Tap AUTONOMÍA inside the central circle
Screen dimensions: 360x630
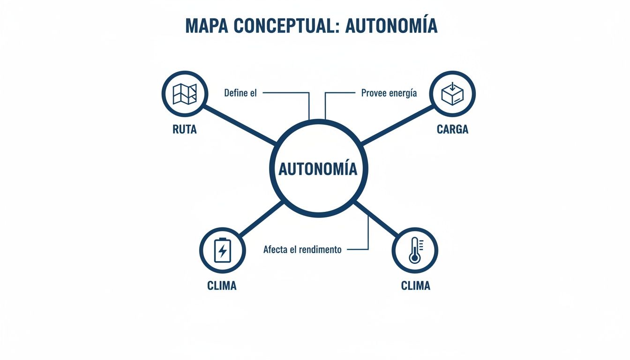(318, 169)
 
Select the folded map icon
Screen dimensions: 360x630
(185, 94)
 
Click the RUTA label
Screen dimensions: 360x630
(185, 129)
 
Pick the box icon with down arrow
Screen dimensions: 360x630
(452, 94)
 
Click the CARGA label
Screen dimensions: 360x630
(452, 129)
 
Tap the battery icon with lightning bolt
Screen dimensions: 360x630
(222, 250)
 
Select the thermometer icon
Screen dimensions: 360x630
(414, 250)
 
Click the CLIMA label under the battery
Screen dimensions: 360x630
(222, 285)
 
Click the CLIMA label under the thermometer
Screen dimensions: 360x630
(415, 285)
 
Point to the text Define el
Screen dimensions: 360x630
(240, 93)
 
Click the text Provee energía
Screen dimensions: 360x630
(389, 93)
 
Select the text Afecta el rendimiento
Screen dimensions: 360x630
(302, 250)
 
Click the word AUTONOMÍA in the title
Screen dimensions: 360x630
(391, 26)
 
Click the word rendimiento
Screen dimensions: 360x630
(321, 250)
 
